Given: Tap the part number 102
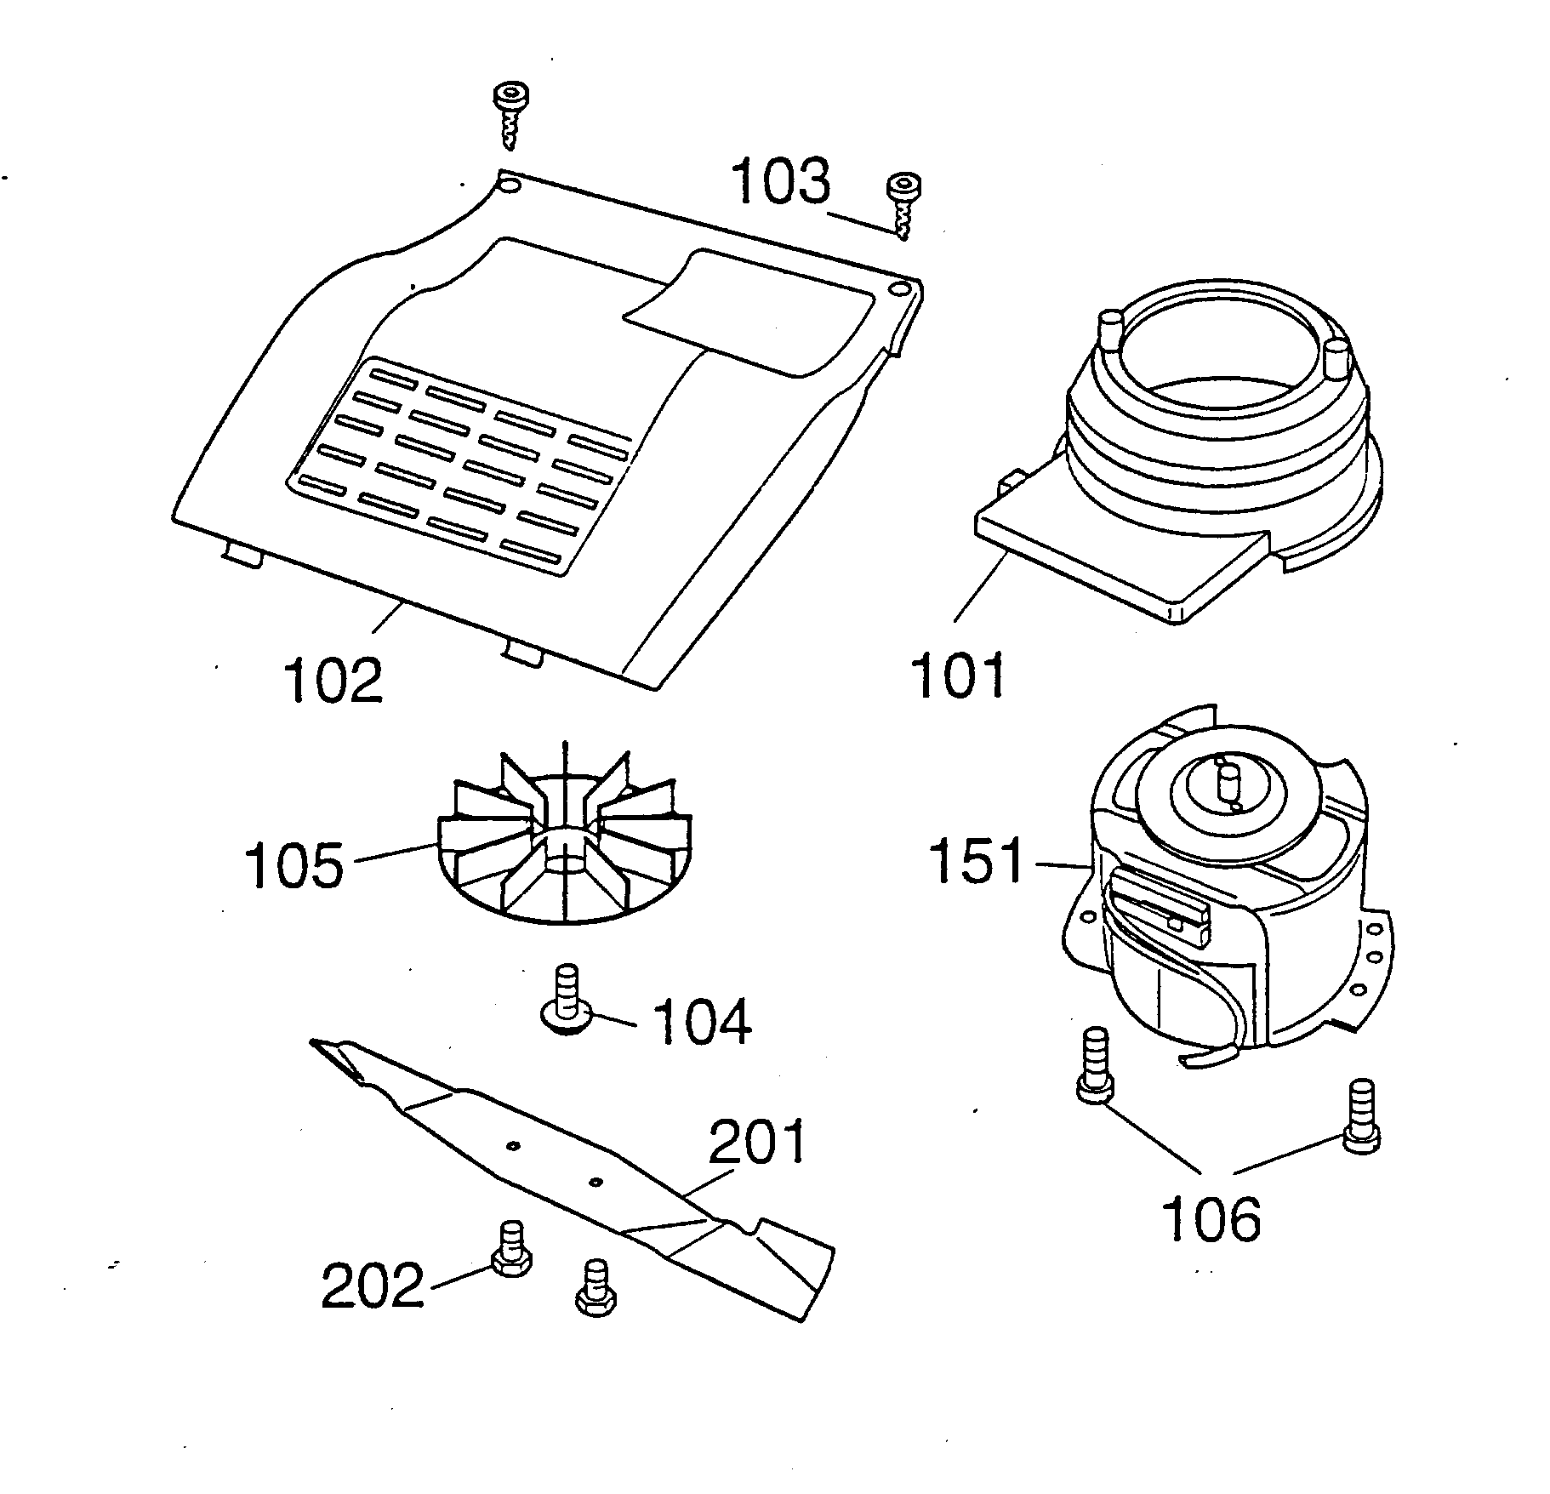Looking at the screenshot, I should point(333,681).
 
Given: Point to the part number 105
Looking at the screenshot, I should point(293,865).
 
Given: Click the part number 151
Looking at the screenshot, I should point(977,860).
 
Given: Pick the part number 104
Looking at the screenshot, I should point(701,1021).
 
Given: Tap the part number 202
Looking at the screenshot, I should point(372,1284).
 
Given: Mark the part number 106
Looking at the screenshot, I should point(1211,1218).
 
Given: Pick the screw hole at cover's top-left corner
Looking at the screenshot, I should point(509,185).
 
